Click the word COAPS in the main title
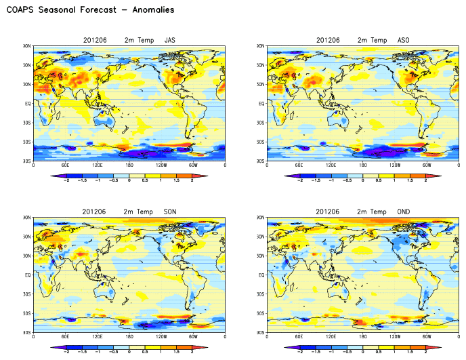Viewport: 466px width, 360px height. [20, 10]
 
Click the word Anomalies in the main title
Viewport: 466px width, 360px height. [152, 10]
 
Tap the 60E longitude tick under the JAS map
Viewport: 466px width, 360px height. [66, 165]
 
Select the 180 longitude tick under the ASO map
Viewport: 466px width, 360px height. [363, 165]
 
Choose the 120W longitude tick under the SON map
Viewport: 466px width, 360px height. [161, 336]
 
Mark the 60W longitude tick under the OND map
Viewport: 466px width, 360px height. [427, 336]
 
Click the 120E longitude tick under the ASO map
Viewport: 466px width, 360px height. [331, 165]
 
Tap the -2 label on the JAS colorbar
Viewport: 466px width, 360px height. [66, 181]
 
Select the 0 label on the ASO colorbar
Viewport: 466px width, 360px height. [363, 181]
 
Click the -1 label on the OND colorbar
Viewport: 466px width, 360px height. [331, 353]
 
